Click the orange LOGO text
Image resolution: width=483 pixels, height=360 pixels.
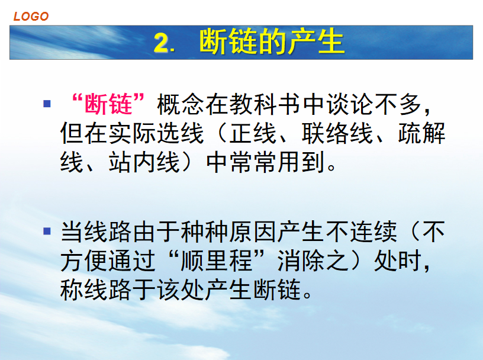coord(31,17)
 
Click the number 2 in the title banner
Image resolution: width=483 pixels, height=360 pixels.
coord(162,43)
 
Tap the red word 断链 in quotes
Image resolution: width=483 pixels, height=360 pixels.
coord(108,104)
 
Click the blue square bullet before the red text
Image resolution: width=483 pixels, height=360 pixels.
coord(47,103)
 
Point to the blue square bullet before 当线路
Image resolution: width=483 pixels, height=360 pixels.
coord(47,231)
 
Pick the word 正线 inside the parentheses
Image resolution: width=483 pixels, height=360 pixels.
coord(253,133)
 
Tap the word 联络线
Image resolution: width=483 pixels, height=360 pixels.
coord(337,133)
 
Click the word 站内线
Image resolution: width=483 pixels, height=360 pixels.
coord(144,162)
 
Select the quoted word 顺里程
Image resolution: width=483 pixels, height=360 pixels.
coord(217,261)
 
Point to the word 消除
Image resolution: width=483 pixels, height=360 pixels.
coord(301,261)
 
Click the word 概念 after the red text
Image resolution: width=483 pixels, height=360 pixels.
coord(181,104)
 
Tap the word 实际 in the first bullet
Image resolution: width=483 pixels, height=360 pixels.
coord(133,133)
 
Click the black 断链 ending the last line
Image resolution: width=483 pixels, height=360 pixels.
coord(277,290)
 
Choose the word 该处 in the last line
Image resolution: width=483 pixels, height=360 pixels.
coord(181,290)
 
